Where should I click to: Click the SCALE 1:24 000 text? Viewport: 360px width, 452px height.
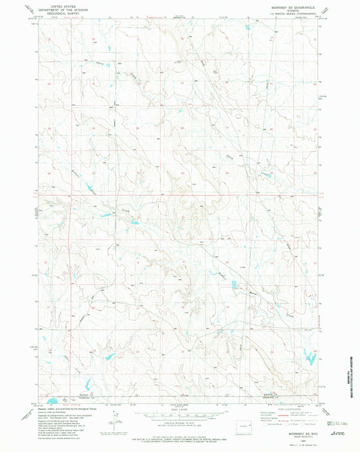point(180,405)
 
